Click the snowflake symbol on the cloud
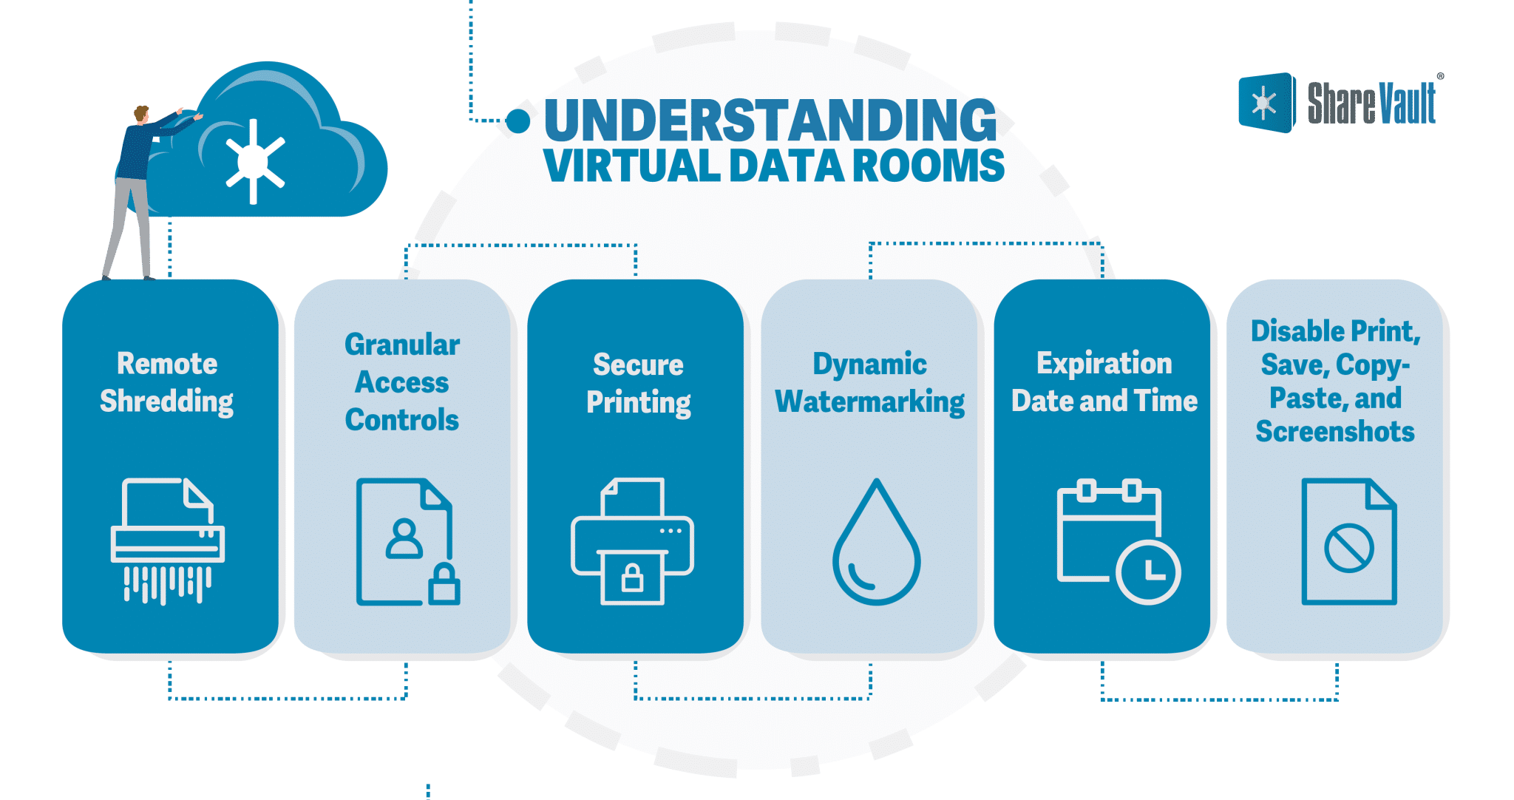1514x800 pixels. click(x=254, y=161)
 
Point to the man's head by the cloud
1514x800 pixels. click(x=141, y=114)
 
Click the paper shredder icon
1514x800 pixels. click(x=168, y=540)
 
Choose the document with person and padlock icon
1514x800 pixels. click(x=407, y=542)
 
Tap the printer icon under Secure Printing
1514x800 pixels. click(x=632, y=541)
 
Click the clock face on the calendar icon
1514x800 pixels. click(x=1148, y=572)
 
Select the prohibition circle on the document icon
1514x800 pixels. click(x=1348, y=548)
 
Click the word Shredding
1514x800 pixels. click(x=166, y=401)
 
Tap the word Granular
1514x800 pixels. click(x=402, y=345)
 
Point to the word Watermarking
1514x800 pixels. click(x=869, y=402)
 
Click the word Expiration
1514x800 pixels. click(x=1104, y=364)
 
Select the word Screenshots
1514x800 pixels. click(x=1335, y=431)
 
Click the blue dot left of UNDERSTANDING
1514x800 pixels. click(x=518, y=121)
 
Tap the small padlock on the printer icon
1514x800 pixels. click(x=632, y=578)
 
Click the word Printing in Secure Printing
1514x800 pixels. click(x=639, y=403)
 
